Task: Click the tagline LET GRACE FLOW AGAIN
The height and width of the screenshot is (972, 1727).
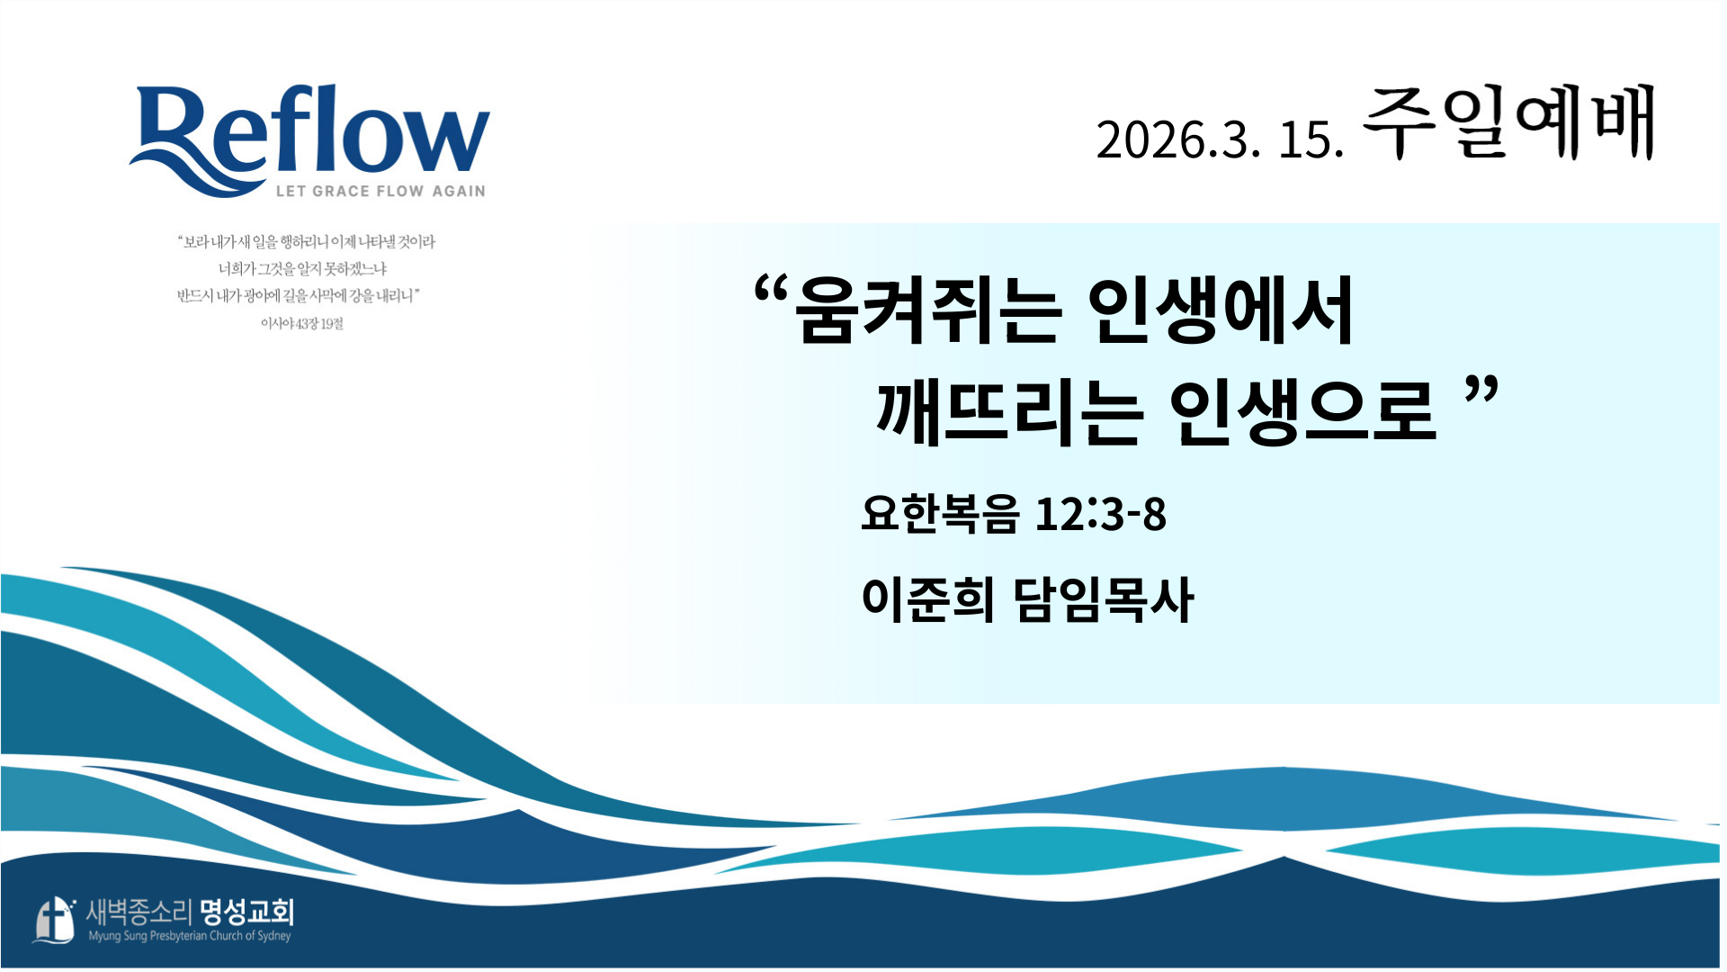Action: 380,191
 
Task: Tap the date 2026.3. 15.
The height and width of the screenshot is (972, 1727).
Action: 1221,139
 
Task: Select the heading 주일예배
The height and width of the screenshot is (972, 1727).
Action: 1509,123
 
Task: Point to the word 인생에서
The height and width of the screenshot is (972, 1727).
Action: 1221,310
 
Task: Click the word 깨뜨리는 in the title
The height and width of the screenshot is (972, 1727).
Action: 1009,411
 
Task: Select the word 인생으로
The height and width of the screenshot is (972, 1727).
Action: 1302,411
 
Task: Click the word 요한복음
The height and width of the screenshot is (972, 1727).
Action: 940,514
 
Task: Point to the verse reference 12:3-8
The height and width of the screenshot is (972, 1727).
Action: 1101,514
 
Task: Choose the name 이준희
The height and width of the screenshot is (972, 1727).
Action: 928,598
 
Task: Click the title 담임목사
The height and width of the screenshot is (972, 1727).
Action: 1104,598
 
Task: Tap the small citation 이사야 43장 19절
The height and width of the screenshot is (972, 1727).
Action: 302,323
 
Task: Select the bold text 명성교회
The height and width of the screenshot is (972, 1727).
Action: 246,913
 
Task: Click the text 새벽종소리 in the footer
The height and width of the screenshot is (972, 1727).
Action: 139,913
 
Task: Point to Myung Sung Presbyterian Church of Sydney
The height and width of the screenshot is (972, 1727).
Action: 190,936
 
